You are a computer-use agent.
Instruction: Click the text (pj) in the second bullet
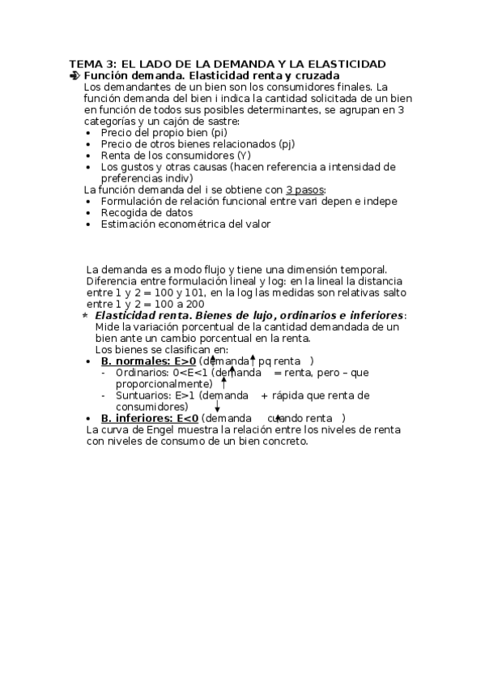(x=285, y=143)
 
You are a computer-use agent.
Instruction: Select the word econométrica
(x=186, y=224)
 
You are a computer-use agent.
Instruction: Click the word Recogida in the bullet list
(x=123, y=212)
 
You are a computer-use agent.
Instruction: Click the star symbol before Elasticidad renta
(x=86, y=314)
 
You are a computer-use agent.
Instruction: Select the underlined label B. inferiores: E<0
(x=149, y=418)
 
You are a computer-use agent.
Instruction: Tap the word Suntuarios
(x=143, y=395)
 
